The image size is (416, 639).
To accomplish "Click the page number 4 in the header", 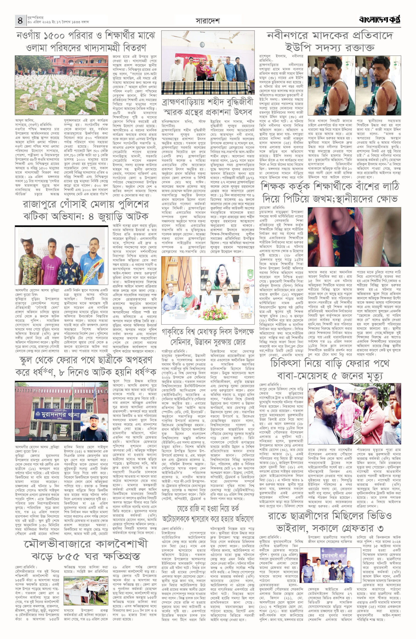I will (20, 20).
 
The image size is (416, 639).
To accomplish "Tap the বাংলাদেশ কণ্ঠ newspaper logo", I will (380, 20).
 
